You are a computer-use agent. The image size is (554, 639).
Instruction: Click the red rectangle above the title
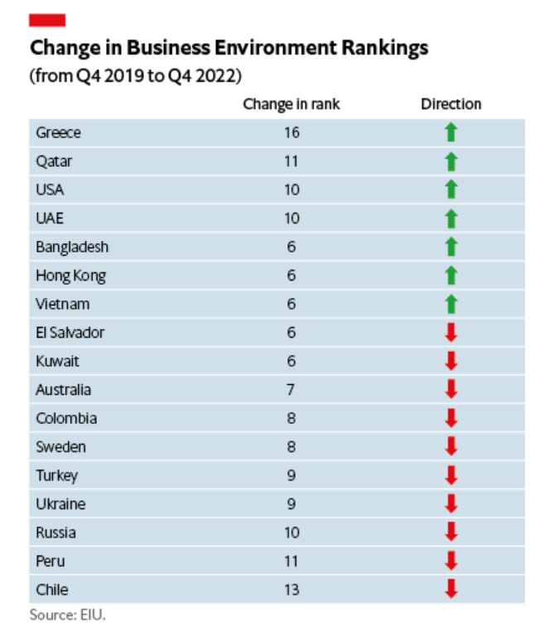point(47,19)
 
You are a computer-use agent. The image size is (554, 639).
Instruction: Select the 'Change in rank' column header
point(291,104)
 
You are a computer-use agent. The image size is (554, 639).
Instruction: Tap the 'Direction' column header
point(450,104)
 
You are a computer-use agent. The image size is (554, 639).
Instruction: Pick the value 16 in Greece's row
point(291,132)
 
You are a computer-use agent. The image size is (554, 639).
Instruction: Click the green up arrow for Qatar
point(450,161)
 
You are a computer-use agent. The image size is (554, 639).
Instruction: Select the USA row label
point(50,190)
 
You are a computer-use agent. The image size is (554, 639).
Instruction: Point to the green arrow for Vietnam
point(450,304)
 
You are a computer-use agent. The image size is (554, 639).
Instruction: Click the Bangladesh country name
point(72,247)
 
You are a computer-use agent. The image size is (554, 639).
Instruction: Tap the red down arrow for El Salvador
point(450,333)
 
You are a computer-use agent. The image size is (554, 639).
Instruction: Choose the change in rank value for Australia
point(291,390)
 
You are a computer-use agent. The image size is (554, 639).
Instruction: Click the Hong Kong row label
point(70,276)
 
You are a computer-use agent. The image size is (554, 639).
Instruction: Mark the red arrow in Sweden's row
point(450,447)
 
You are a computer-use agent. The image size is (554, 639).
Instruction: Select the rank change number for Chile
point(291,590)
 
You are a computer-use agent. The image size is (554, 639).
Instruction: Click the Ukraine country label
point(60,504)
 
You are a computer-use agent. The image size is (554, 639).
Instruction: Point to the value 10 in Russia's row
point(291,533)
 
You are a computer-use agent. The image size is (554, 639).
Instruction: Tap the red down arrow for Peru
point(450,561)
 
